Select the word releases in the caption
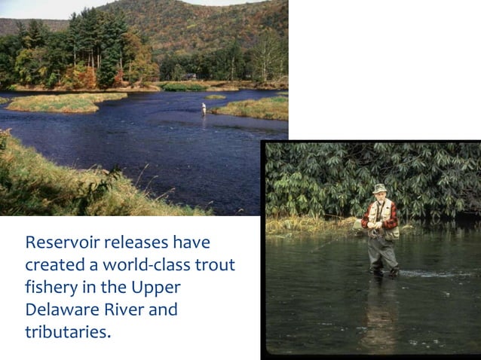pyautogui.click(x=133, y=243)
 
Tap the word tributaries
pyautogui.click(x=68, y=332)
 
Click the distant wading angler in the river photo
pyautogui.click(x=204, y=108)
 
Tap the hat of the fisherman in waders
pyautogui.click(x=379, y=188)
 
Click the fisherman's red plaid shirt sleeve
pyautogui.click(x=367, y=217)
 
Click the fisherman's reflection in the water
pyautogui.click(x=380, y=309)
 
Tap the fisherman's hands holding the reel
pyautogui.click(x=375, y=225)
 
